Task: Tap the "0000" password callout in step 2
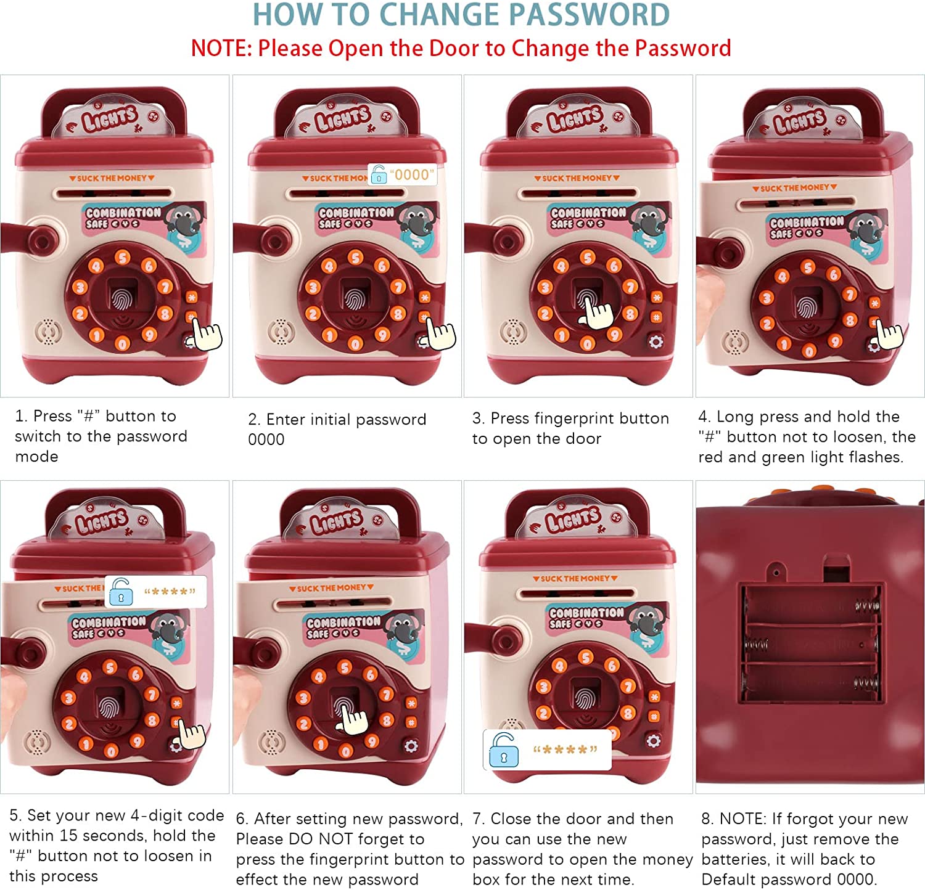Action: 403,174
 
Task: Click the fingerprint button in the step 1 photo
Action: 123,298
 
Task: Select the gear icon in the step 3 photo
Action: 656,341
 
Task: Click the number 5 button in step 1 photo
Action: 123,258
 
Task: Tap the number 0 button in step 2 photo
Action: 356,344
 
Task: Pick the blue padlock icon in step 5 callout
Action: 121,592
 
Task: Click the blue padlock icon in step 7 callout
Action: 503,750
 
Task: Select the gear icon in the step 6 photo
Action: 411,746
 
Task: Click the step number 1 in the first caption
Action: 20,416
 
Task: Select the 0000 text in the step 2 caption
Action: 266,439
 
